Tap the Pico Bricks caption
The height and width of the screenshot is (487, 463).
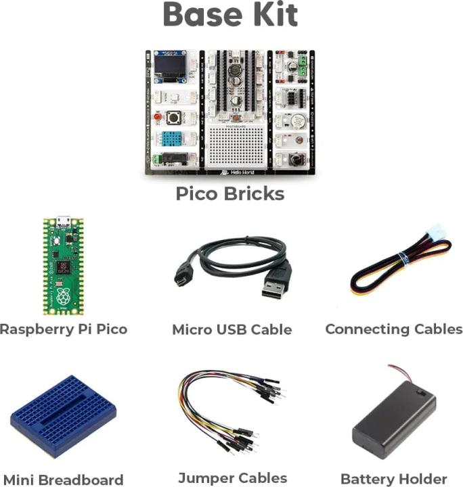tap(229, 193)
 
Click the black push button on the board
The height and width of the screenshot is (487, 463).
tap(173, 117)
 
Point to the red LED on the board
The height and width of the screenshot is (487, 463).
tap(158, 117)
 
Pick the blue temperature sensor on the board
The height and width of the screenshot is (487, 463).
tap(173, 139)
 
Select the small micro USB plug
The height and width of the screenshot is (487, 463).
tap(181, 277)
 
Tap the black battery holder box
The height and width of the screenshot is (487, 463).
tap(394, 419)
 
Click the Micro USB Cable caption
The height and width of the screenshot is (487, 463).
tap(231, 330)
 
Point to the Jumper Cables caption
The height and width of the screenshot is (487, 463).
tap(232, 478)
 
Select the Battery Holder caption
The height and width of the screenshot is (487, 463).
tap(394, 478)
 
